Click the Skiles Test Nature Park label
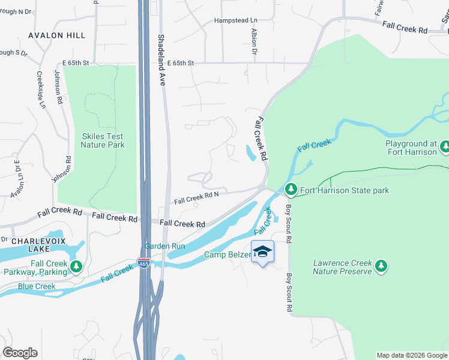(102, 140)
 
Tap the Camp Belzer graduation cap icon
(262, 251)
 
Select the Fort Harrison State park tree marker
(291, 190)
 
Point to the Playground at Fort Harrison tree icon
(445, 147)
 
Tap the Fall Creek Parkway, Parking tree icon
(76, 266)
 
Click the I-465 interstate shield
(145, 263)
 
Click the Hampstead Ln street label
(238, 21)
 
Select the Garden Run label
(164, 246)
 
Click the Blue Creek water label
(37, 286)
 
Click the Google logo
(20, 353)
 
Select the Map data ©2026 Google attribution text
(411, 355)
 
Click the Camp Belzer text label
(227, 254)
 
